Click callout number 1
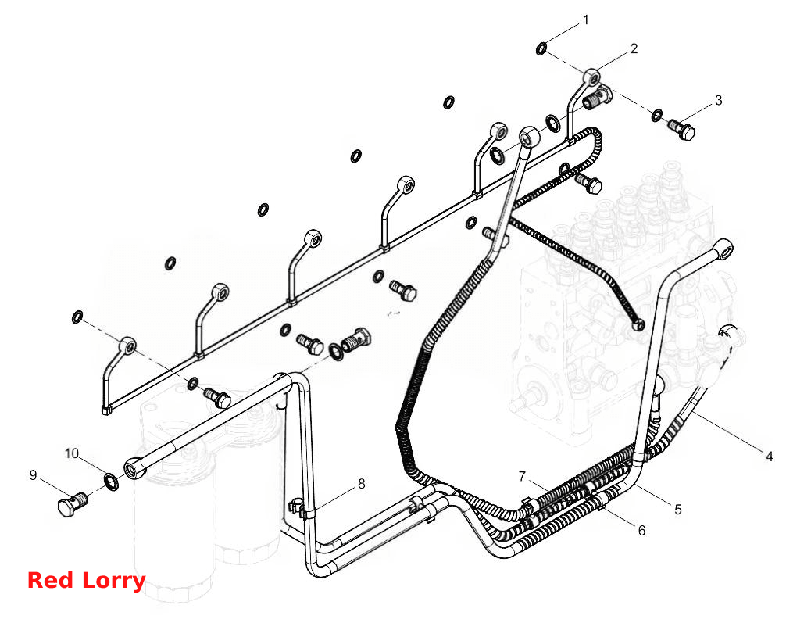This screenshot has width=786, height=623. coord(585,20)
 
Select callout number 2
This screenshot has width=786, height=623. coord(634,48)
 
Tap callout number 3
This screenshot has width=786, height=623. coord(718,100)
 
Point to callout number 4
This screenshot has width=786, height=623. coord(769,456)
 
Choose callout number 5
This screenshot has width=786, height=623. coord(677,510)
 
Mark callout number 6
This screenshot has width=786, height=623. coord(641,530)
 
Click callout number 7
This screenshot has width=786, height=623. coord(522,476)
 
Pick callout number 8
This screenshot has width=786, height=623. coord(361,484)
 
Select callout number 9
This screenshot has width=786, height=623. coord(33,475)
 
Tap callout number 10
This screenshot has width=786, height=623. coord(71,453)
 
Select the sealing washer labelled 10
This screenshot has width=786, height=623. coord(111,482)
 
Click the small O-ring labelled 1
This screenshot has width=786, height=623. coord(541,48)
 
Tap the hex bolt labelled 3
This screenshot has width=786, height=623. coord(682,129)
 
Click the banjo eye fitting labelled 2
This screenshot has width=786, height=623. coord(592,77)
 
